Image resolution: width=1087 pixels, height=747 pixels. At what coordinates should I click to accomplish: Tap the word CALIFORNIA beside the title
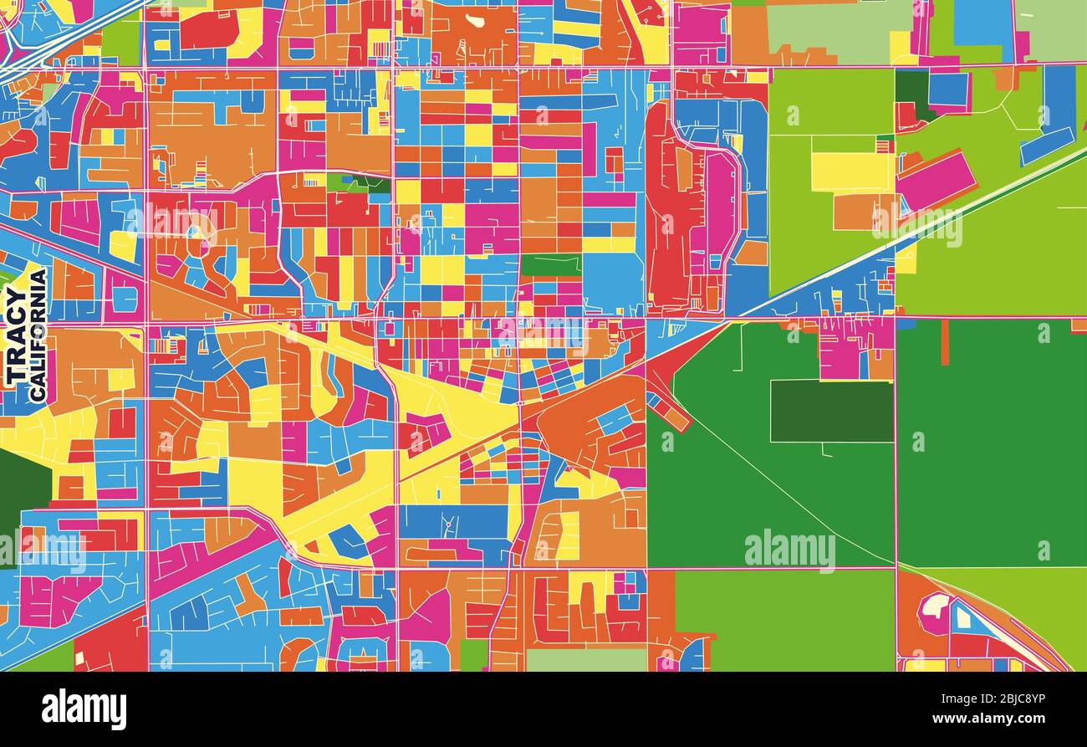[x=38, y=335]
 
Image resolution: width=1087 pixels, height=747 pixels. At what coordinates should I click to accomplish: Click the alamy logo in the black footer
[x=84, y=709]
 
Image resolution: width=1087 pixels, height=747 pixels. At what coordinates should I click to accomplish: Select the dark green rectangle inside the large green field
[x=831, y=411]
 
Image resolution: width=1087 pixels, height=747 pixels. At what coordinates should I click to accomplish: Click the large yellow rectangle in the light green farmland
[x=851, y=171]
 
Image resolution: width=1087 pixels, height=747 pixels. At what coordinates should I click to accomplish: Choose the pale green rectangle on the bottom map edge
[x=585, y=660]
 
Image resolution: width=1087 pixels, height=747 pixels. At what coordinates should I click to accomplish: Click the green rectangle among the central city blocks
[x=550, y=265]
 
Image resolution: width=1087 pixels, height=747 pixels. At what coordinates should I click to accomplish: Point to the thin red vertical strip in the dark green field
[x=945, y=342]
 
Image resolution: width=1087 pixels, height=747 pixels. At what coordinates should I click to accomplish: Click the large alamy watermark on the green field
[x=789, y=550]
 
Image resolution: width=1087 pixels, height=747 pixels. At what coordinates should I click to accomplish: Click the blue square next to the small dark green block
[x=947, y=90]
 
